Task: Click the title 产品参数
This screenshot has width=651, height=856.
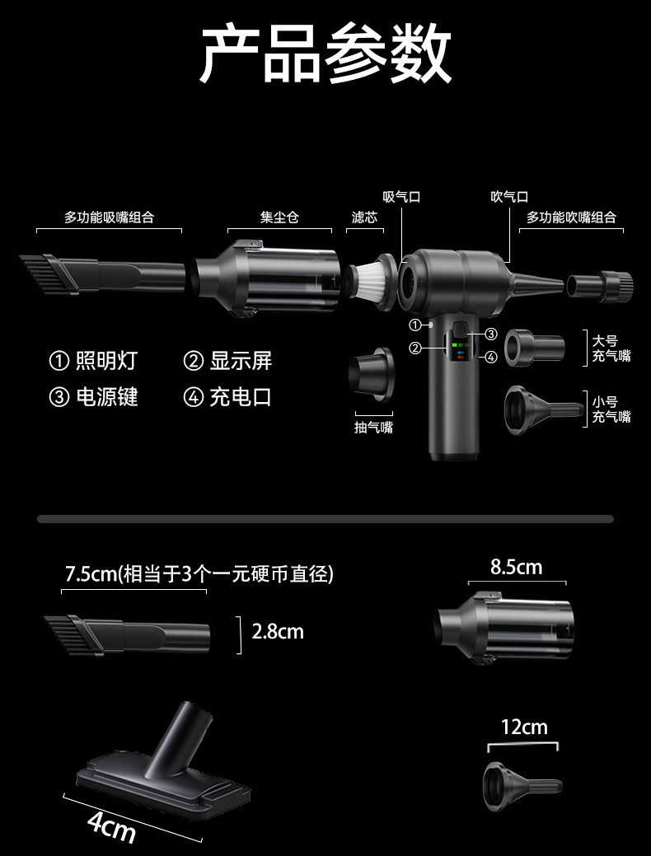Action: tap(325, 54)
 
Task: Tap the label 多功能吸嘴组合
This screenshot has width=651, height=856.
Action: tap(110, 218)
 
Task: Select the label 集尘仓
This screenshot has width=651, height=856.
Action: tap(279, 218)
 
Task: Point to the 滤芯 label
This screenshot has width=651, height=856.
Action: tap(364, 218)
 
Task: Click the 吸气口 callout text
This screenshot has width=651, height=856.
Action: tap(401, 197)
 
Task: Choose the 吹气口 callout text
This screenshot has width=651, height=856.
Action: tap(509, 197)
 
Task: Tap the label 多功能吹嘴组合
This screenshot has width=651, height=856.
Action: tap(571, 218)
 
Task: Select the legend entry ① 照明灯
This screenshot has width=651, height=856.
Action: tap(93, 361)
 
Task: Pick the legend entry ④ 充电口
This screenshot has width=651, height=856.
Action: tap(227, 397)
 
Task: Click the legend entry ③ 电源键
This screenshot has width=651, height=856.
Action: tap(93, 397)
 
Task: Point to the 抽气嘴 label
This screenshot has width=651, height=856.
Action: tap(373, 428)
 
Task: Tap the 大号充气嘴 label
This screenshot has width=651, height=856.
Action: tap(611, 348)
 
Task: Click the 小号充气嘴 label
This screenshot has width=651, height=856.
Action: tap(611, 409)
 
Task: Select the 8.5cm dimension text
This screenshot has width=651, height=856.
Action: tap(516, 567)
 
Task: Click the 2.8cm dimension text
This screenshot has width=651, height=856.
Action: tap(278, 632)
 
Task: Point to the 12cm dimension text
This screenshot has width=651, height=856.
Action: tap(524, 727)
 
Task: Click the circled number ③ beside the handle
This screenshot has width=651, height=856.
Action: tap(491, 334)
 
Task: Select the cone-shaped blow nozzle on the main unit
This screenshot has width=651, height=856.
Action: tap(535, 283)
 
